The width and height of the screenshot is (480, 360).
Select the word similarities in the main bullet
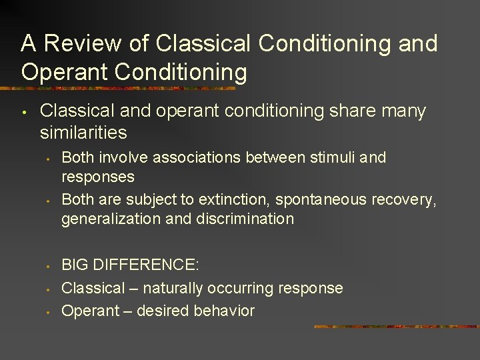pyautogui.click(x=83, y=133)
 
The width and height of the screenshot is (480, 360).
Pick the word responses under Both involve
pyautogui.click(x=97, y=177)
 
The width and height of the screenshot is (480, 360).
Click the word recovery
pyautogui.click(x=405, y=200)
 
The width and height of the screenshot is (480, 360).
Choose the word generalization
pyautogui.click(x=111, y=219)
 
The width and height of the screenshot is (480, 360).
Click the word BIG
pyautogui.click(x=75, y=265)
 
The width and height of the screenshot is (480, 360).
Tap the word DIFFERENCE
pyautogui.click(x=147, y=265)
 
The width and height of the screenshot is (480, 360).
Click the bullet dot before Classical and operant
pyautogui.click(x=23, y=112)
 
